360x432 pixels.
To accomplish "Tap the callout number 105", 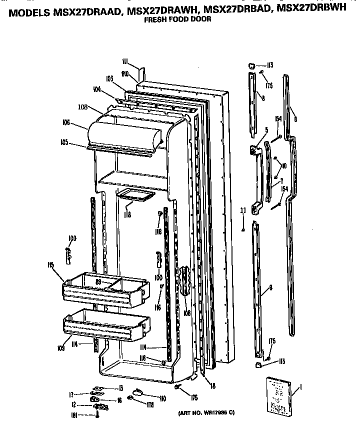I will tap(64, 142).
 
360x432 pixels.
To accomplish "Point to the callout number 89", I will tap(99, 283).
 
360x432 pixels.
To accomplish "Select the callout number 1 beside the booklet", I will tap(300, 386).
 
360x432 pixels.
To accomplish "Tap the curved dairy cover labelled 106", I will tap(125, 132).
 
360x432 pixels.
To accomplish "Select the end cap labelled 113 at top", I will tap(252, 65).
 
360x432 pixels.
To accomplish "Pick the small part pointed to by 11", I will tap(243, 230).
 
